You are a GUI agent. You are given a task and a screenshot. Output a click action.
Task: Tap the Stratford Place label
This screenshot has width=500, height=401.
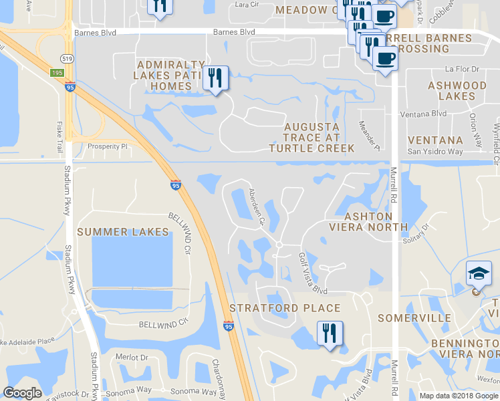tap(285, 308)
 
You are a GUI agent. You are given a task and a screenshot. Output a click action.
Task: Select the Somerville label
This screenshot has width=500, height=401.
tap(414, 318)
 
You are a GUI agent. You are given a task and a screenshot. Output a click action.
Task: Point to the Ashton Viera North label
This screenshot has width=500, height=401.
tap(368, 222)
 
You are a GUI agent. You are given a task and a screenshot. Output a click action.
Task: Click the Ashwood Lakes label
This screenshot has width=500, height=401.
tap(457, 91)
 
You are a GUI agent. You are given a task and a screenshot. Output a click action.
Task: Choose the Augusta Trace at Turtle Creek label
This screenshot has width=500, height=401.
tap(311, 137)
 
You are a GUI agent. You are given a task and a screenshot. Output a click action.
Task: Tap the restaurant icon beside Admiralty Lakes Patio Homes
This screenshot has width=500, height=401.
tap(215, 78)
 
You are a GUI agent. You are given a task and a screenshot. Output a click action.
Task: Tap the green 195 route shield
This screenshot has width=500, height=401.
tap(57, 72)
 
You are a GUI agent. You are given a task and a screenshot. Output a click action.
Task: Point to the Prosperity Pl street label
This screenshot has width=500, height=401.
tap(107, 146)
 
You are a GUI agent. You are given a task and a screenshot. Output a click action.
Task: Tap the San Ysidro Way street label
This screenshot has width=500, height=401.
tap(435, 152)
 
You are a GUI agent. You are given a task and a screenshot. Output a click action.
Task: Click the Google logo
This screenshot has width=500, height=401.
tap(23, 393)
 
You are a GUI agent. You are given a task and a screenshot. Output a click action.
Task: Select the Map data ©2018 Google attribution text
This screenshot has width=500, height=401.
tap(458, 396)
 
